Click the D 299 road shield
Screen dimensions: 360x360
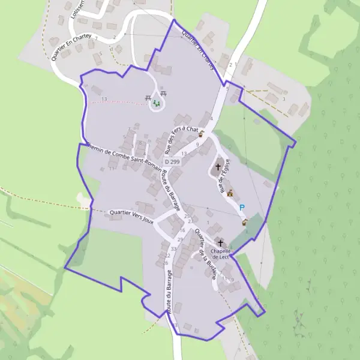(172, 162)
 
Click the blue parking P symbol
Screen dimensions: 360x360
(242, 208)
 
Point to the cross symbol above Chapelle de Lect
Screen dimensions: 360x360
(220, 243)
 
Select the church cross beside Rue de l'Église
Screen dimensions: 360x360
(218, 167)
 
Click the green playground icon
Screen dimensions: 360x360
(157, 104)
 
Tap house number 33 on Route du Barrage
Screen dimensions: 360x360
(173, 248)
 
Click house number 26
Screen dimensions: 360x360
(165, 263)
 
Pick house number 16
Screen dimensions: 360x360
(182, 230)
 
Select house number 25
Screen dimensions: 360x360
(187, 216)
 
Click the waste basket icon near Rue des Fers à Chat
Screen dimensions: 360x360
(202, 134)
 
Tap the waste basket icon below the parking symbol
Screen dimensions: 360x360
(244, 223)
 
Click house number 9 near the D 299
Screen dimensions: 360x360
(197, 144)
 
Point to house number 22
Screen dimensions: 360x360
(167, 256)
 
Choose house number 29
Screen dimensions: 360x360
(180, 239)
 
